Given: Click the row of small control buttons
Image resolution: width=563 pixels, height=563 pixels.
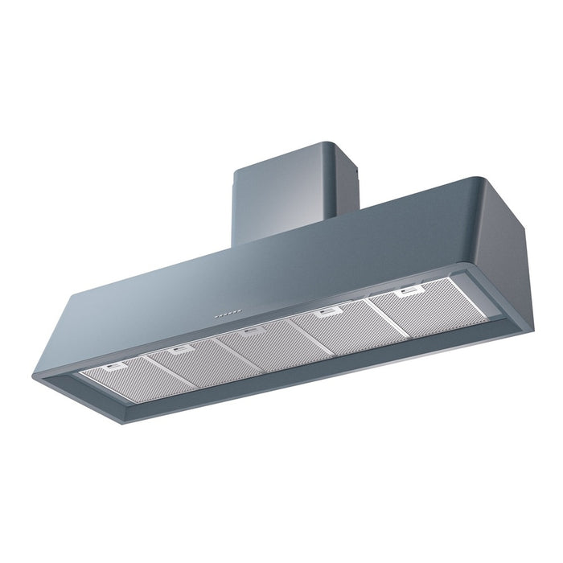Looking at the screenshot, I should tap(228, 309).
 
